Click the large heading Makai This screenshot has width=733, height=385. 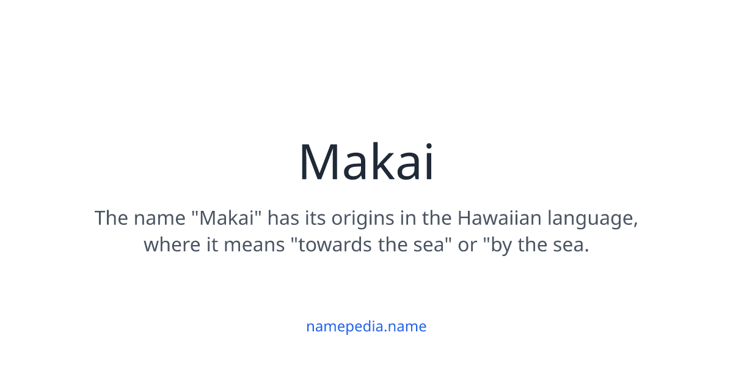366,162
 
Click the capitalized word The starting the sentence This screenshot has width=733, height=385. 111,218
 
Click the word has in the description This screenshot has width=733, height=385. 282,218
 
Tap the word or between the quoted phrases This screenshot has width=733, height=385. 467,245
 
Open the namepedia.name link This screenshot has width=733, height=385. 366,326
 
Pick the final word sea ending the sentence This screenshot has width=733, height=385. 571,245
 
